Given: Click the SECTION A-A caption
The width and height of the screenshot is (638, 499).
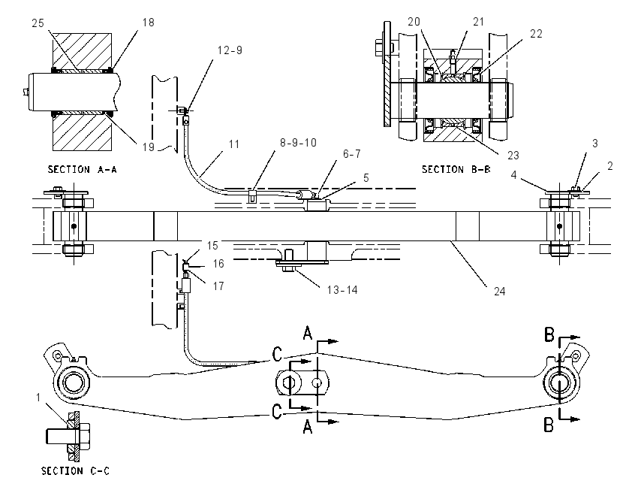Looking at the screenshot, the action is (83, 169).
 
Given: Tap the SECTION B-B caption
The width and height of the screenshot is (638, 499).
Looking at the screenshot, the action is (456, 169).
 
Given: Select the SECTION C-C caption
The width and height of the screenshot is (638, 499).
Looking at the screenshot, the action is (75, 471).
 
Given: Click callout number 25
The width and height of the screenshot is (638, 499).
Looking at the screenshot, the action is (38, 23).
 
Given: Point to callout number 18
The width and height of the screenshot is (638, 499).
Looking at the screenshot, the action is (149, 23).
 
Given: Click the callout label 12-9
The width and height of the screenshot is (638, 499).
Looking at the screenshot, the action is (230, 50).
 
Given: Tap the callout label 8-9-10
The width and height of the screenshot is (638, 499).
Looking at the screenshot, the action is (298, 143).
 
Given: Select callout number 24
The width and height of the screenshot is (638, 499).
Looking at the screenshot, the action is (500, 292).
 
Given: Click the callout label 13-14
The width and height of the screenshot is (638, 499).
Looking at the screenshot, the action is (342, 290).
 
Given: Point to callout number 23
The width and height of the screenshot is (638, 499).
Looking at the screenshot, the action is (513, 156).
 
